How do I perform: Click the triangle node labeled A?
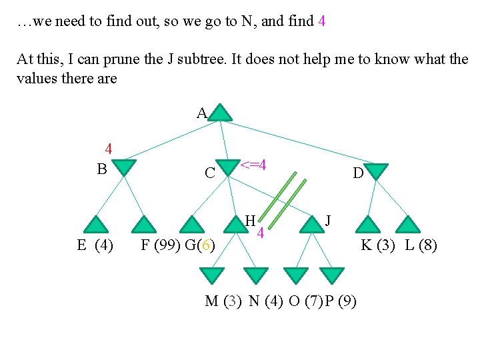[x=221, y=113]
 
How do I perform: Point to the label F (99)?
[x=158, y=245]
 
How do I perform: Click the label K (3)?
[x=377, y=245]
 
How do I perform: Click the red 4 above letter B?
[x=107, y=149]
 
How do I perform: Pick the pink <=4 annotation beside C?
[x=253, y=165]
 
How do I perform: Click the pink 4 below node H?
[x=261, y=233]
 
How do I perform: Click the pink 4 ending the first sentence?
[x=322, y=21]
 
